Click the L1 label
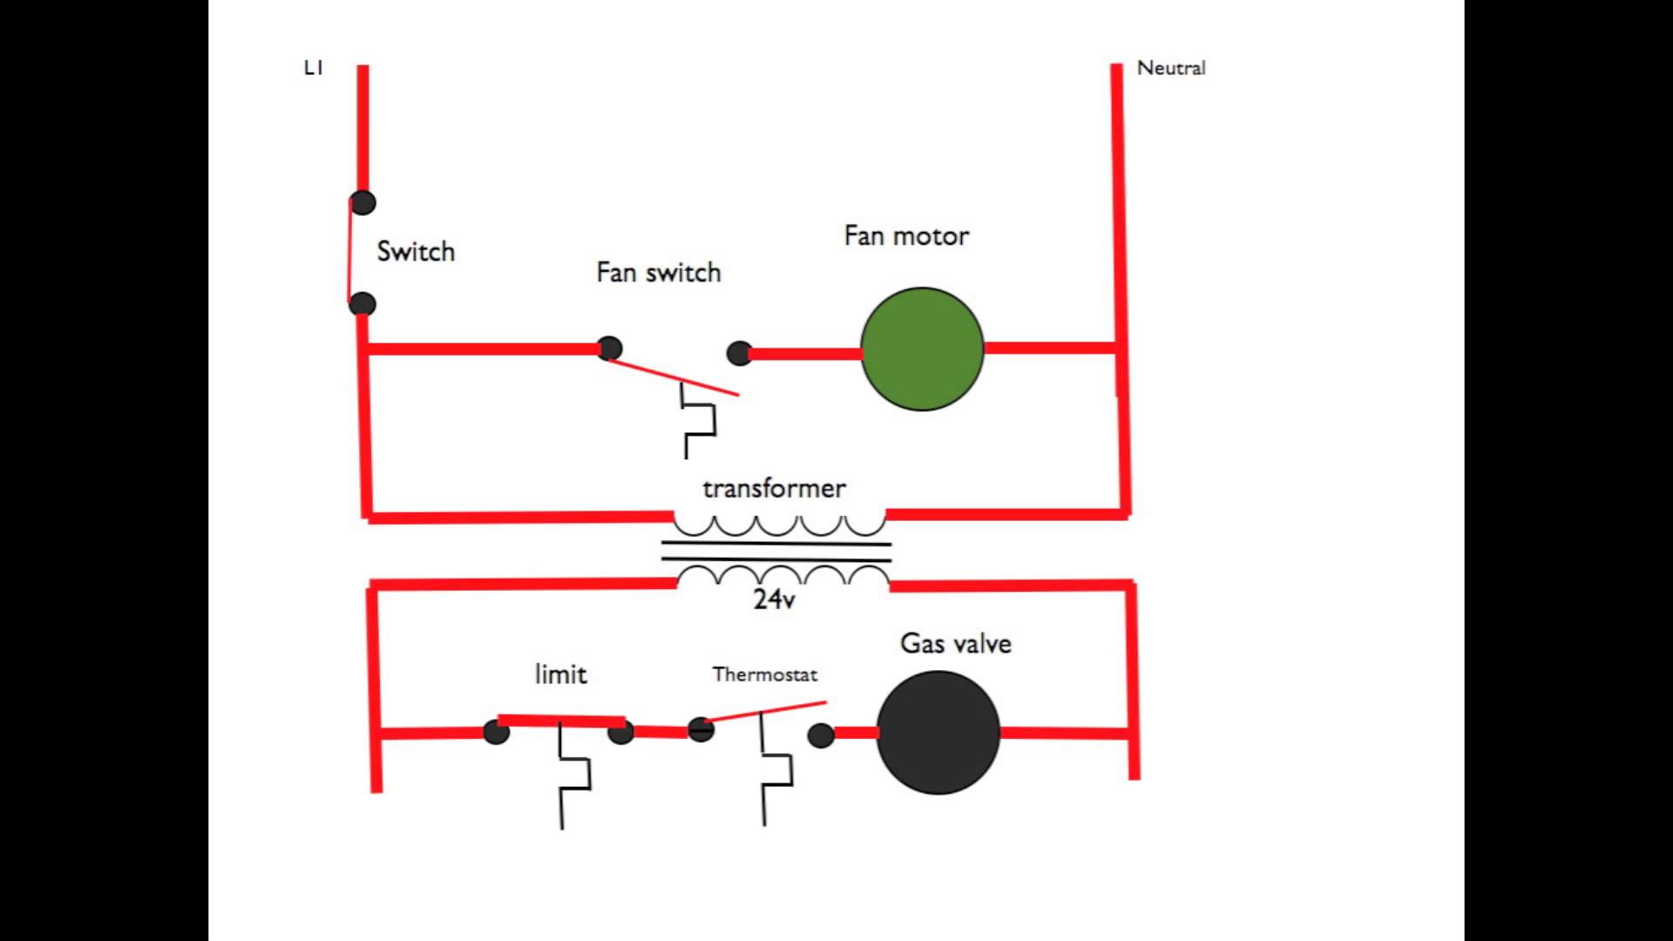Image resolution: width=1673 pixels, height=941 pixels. tap(314, 68)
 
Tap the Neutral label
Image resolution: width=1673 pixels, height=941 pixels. tap(1171, 68)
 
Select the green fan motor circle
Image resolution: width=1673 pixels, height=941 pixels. tap(922, 349)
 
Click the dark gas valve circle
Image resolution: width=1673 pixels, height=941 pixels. tap(938, 732)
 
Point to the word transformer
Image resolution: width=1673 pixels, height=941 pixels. tap(774, 488)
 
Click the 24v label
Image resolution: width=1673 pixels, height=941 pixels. tap(774, 599)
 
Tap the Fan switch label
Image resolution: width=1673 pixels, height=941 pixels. tap(659, 273)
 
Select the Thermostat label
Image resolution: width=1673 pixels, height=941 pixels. tap(765, 674)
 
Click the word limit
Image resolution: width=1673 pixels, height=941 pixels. tap(560, 674)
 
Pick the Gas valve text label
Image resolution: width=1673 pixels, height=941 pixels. tap(956, 644)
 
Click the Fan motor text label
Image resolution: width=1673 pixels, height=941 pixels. tap(906, 236)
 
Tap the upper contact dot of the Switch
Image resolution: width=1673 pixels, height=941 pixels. tap(362, 203)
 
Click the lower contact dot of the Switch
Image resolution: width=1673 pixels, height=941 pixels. tap(362, 304)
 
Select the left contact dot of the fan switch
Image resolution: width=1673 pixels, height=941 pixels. tap(609, 349)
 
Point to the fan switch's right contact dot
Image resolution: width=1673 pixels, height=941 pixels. tap(739, 353)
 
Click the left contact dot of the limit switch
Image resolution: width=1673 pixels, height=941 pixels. tap(496, 732)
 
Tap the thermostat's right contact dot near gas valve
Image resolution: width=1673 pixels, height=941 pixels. tap(821, 735)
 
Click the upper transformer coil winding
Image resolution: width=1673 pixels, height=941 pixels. tap(780, 525)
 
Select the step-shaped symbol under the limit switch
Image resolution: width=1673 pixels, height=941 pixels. tap(573, 775)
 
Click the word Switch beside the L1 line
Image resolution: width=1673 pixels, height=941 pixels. tap(416, 252)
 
